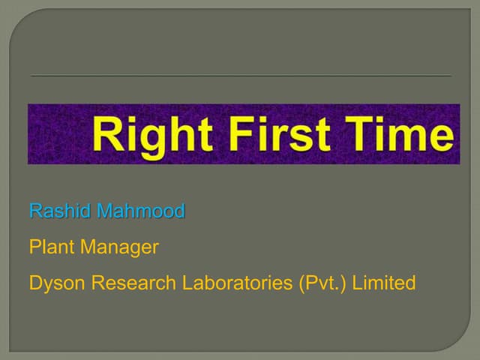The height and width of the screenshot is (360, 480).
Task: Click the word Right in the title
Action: point(142,136)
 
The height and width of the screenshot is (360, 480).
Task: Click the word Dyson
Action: point(55,283)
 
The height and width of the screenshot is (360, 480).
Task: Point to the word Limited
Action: point(383,283)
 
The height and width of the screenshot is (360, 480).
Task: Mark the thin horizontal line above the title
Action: point(240,76)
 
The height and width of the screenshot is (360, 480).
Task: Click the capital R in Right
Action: point(104,136)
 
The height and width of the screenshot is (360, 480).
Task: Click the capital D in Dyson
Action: point(35,283)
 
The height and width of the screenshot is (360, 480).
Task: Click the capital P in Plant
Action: point(34,247)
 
